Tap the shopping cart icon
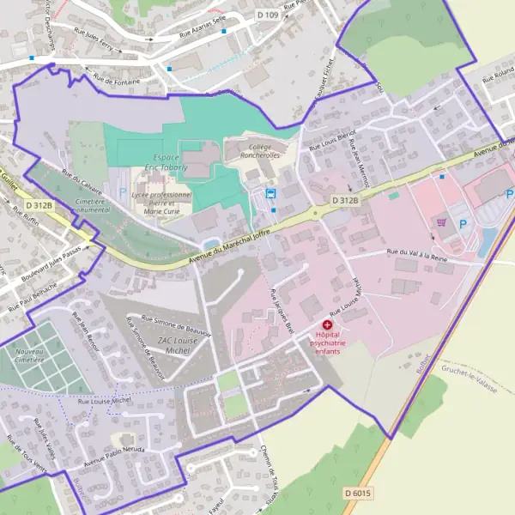tap(442, 222)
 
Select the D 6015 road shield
tap(359, 493)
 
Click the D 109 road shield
tap(268, 15)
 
